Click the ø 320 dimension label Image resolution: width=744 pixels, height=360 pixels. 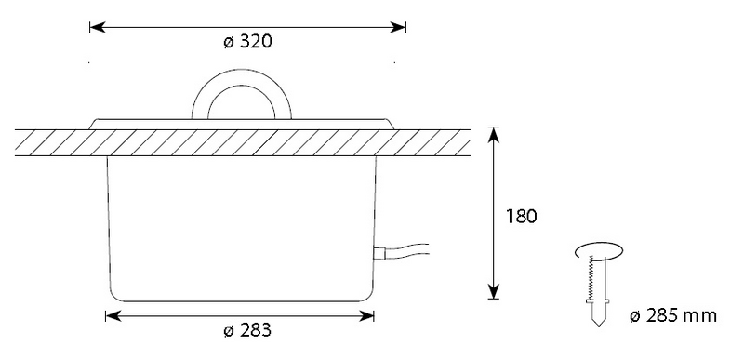247,42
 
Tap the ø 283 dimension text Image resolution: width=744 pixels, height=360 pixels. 247,330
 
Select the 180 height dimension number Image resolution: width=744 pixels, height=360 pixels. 521,217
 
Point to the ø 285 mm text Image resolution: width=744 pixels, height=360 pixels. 673,315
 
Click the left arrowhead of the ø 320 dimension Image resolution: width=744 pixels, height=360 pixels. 97,27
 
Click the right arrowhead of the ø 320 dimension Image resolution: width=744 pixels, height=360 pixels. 399,27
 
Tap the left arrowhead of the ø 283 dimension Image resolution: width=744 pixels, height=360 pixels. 113,315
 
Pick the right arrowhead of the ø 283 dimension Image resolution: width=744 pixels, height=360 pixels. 366,315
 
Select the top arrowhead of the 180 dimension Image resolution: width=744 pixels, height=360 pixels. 494,135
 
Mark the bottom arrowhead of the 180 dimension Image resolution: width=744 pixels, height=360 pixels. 494,291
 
